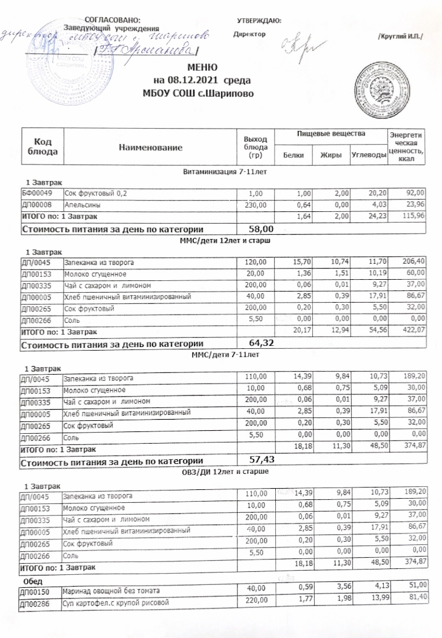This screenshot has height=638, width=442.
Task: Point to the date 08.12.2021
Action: [x=191, y=80]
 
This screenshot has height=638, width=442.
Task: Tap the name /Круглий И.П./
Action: [x=400, y=38]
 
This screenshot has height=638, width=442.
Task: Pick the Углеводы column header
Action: [x=368, y=155]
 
